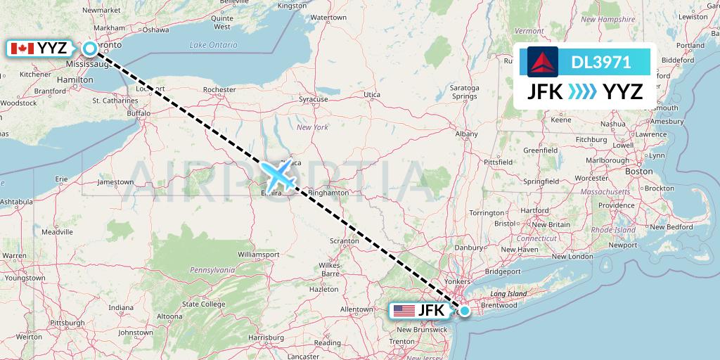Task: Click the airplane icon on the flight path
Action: [279, 175]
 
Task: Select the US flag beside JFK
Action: [404, 310]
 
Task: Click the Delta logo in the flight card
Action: [542, 62]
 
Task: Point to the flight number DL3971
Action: [600, 63]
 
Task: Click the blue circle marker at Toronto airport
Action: [91, 49]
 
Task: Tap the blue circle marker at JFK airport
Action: [464, 310]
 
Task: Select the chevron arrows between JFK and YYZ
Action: [582, 91]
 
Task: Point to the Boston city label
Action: [639, 171]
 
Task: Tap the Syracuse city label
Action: [314, 99]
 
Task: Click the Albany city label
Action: [466, 134]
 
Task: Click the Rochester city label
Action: [219, 90]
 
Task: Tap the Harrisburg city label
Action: [270, 337]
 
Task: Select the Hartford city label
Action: [535, 210]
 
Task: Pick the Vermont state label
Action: [529, 31]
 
